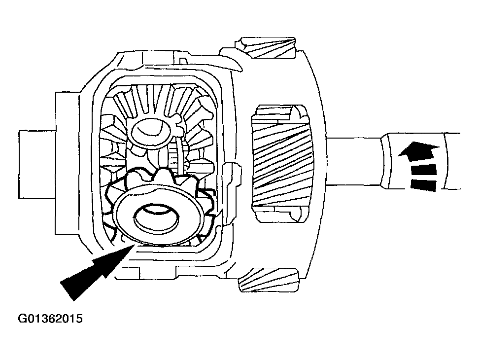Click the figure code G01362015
click(50, 319)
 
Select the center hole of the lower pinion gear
click(156, 218)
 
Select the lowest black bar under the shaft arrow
click(423, 185)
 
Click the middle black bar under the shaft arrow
click(423, 171)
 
